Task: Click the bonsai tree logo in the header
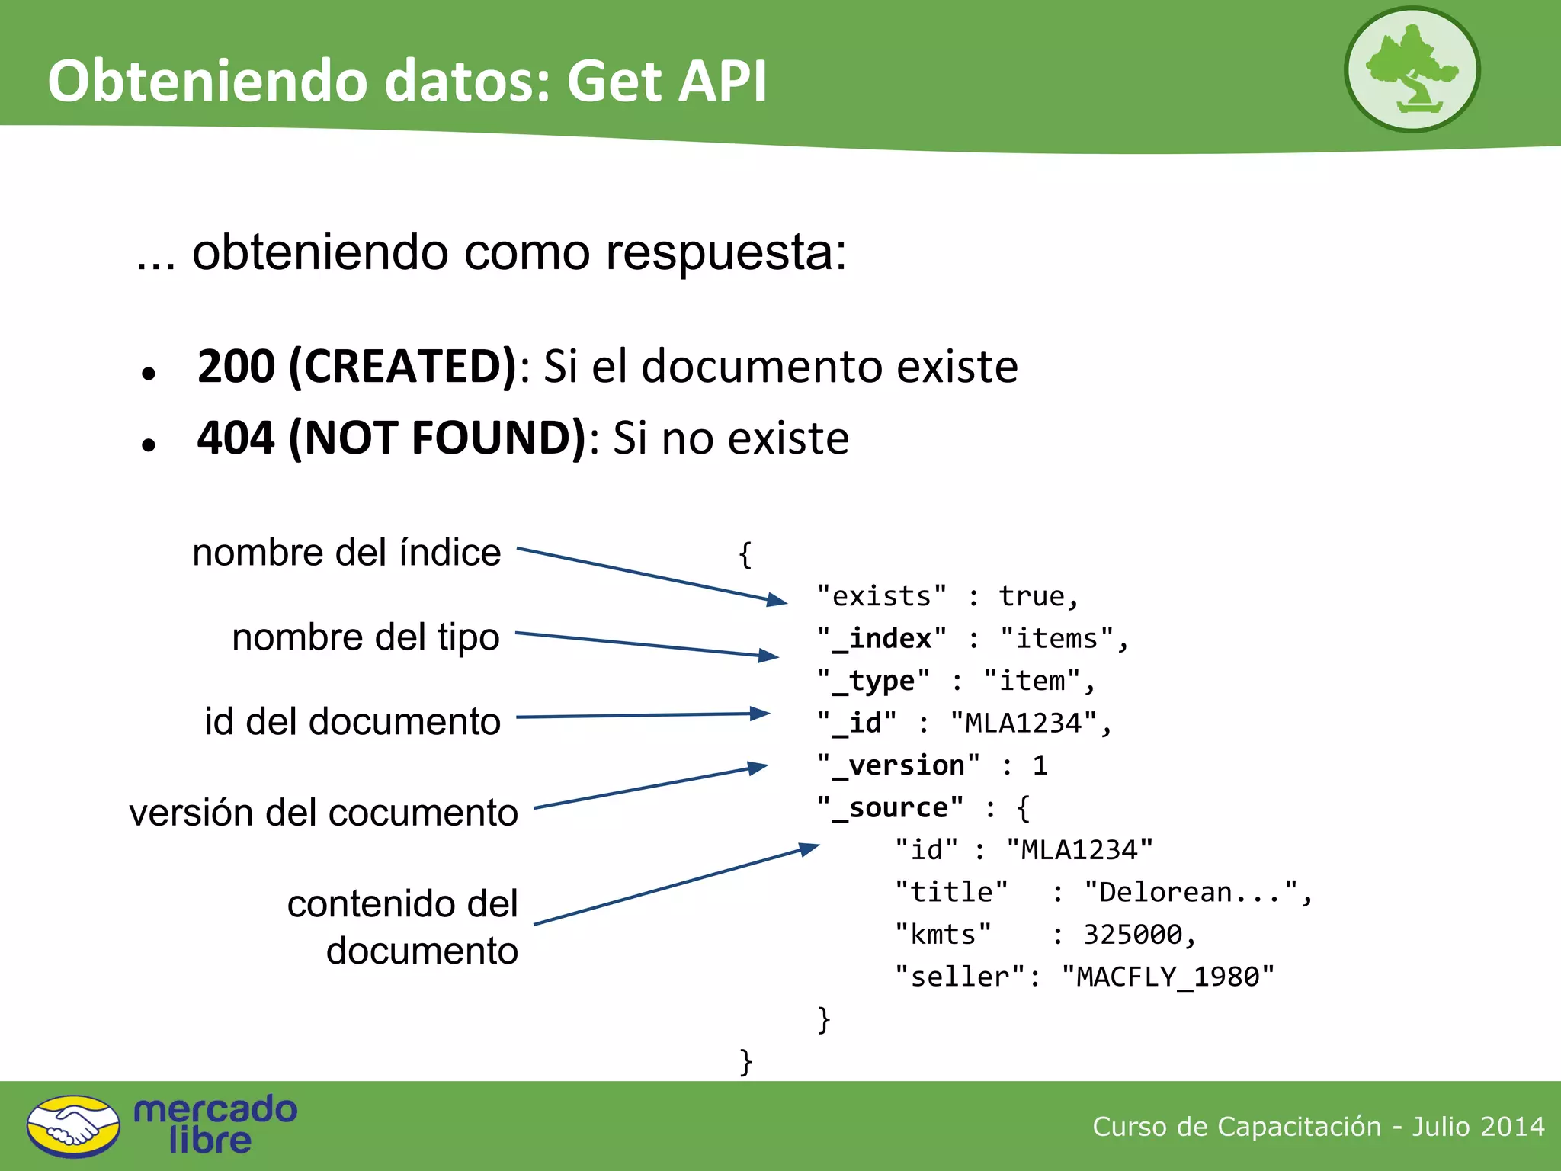click(x=1412, y=69)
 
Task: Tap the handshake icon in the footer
click(x=73, y=1126)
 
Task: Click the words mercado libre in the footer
click(x=214, y=1124)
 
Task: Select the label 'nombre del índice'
click(x=347, y=553)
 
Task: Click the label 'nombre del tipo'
click(x=366, y=637)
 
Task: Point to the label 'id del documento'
click(x=352, y=721)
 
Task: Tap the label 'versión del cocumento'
click(x=323, y=813)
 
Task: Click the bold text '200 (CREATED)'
click(x=357, y=367)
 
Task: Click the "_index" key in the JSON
click(x=882, y=639)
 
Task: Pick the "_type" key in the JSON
click(x=873, y=681)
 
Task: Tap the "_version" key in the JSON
click(x=899, y=765)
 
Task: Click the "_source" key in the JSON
click(x=890, y=808)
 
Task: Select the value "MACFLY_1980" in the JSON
click(x=1168, y=977)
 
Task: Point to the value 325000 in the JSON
click(x=1133, y=935)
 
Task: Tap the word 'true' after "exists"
click(x=1031, y=596)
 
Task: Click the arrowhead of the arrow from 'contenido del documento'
click(x=809, y=848)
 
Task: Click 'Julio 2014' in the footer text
click(x=1478, y=1126)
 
